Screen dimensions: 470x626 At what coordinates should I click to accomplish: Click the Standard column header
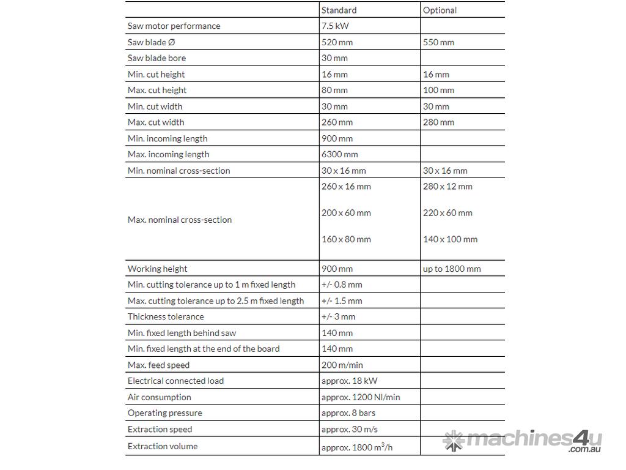tap(339, 10)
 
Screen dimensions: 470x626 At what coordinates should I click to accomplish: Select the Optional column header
tap(440, 10)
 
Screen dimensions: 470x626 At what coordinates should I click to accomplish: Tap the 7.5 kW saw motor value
tap(335, 26)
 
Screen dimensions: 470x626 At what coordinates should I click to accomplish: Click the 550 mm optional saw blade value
tap(438, 42)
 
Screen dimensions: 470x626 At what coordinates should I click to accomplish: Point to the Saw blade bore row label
tap(156, 58)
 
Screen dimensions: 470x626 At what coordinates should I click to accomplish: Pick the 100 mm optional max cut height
tap(438, 90)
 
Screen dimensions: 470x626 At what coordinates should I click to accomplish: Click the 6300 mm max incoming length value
tap(339, 154)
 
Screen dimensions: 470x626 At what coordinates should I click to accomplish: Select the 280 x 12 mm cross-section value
tap(447, 186)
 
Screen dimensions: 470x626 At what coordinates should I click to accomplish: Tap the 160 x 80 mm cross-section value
tap(346, 239)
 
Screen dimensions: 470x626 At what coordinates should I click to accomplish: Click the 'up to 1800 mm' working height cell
tap(452, 269)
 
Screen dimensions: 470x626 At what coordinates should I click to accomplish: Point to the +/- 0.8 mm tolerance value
tap(342, 285)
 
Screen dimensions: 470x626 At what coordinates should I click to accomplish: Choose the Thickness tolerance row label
tap(166, 316)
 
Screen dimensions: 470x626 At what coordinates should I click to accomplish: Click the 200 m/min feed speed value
tap(342, 365)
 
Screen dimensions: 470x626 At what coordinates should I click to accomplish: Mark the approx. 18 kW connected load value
tap(349, 381)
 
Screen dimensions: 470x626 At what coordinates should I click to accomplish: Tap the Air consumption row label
tap(159, 397)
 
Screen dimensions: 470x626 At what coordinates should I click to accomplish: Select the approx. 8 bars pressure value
tap(348, 413)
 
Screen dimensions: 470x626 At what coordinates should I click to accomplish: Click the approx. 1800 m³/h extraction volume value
tap(357, 447)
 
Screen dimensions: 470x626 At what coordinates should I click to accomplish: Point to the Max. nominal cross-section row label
tap(180, 220)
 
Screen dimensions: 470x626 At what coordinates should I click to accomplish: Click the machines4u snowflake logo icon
tap(454, 441)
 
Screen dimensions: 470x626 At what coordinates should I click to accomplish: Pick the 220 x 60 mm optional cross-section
tap(447, 213)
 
